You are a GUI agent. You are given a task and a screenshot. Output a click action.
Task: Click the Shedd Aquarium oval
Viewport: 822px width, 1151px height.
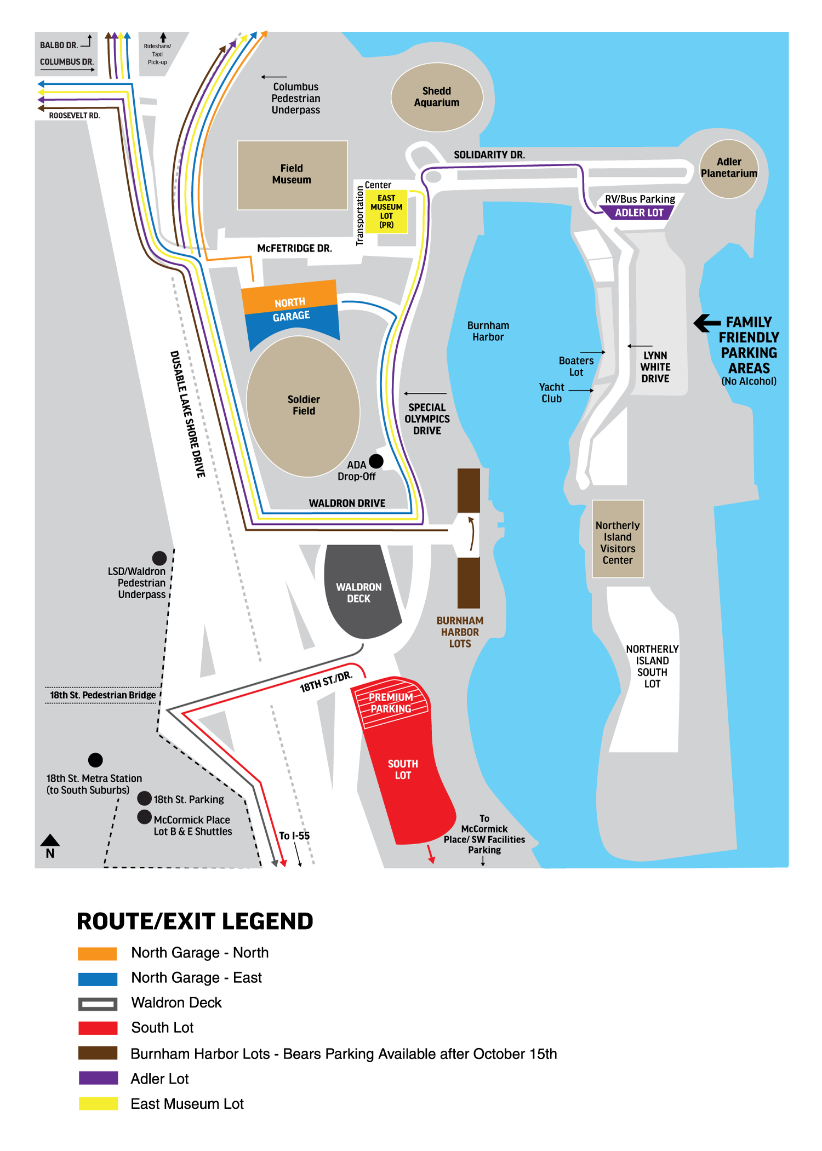point(437,97)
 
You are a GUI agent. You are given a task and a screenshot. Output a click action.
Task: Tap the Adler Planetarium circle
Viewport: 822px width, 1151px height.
point(729,168)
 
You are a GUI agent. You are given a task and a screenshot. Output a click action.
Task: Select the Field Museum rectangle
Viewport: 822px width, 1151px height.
point(292,175)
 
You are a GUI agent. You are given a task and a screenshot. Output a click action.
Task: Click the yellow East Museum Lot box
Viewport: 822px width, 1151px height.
point(386,211)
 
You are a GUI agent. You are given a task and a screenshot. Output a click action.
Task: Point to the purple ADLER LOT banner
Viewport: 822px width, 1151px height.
point(638,213)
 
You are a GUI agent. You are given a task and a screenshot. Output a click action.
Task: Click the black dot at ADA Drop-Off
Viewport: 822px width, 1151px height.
point(376,461)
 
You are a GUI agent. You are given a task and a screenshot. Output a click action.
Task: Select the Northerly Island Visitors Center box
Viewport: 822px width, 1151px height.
point(618,540)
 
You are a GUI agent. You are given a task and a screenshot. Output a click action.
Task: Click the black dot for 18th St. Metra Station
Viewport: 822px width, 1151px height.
point(95,760)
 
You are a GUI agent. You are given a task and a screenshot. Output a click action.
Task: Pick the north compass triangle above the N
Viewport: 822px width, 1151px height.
point(50,840)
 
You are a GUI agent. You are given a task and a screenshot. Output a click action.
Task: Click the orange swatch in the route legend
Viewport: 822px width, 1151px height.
point(98,953)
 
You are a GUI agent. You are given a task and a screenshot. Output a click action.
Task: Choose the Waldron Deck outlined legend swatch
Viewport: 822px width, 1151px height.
point(98,1004)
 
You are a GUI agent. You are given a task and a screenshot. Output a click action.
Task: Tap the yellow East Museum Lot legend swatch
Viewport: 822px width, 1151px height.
point(98,1103)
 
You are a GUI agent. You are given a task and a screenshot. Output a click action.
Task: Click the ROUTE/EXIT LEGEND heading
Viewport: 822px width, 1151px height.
point(195,921)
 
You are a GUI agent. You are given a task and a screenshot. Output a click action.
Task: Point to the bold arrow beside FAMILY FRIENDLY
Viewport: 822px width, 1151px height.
point(707,323)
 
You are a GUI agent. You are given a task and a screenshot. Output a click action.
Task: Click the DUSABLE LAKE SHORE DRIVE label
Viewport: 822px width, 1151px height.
point(187,414)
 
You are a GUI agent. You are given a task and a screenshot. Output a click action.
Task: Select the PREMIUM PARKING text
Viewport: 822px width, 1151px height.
point(391,703)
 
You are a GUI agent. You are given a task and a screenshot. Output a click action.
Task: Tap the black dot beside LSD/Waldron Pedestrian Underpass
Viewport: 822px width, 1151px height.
point(159,558)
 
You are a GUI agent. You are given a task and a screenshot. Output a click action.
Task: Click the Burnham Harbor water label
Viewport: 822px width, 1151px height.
point(488,331)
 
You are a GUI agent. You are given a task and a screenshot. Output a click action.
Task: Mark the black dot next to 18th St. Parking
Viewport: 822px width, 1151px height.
point(145,798)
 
